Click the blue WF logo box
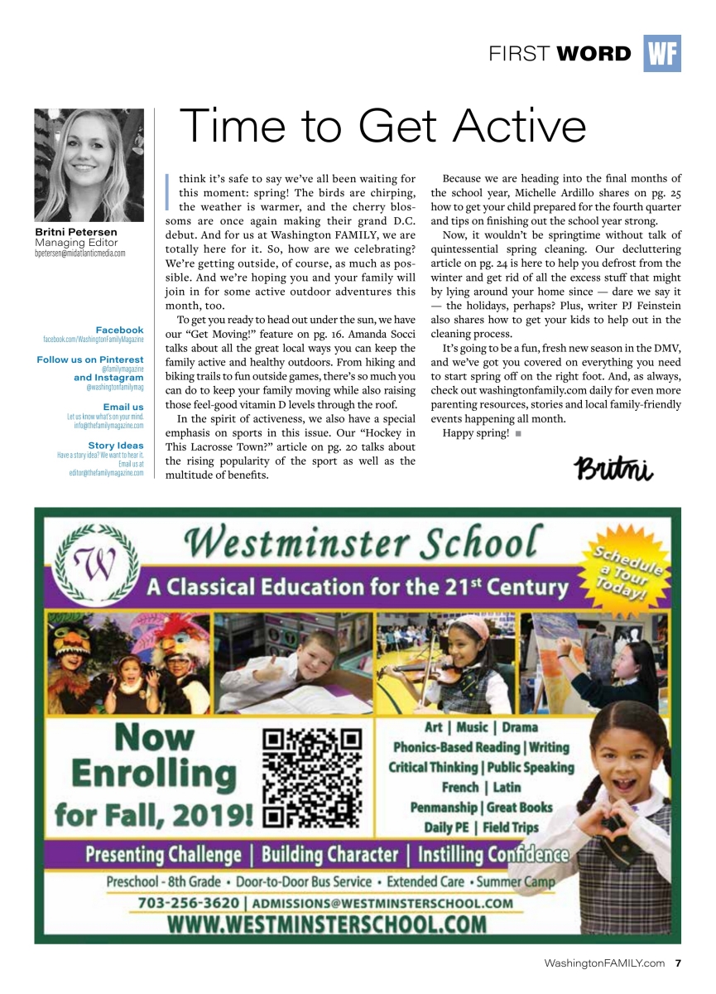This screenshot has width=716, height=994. [661, 54]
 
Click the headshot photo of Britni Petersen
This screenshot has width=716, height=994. [89, 164]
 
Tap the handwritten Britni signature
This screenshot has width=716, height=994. [613, 469]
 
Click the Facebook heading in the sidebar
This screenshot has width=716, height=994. [119, 331]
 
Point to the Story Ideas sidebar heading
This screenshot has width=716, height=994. [116, 446]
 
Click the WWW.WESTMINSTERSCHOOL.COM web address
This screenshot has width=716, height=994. [327, 924]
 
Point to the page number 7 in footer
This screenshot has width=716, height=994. [678, 963]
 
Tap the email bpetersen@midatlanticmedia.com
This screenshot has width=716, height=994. [80, 253]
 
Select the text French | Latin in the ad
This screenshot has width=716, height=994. [481, 787]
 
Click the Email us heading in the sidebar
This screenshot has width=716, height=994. [123, 407]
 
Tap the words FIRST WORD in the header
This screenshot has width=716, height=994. [560, 55]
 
